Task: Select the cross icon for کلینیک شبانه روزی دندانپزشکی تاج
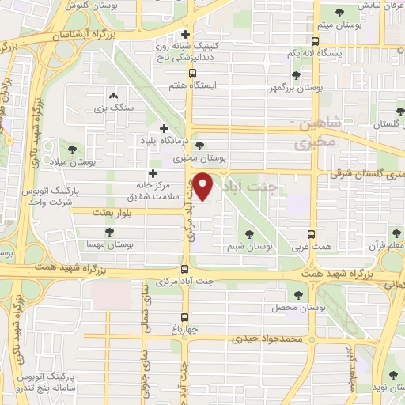[x=185, y=34]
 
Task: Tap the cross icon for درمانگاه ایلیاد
[x=164, y=128]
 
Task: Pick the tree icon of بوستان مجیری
[x=199, y=145]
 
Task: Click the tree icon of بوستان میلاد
[x=72, y=148]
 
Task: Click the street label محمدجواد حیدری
[x=267, y=339]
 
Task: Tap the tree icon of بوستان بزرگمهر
[x=296, y=75]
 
